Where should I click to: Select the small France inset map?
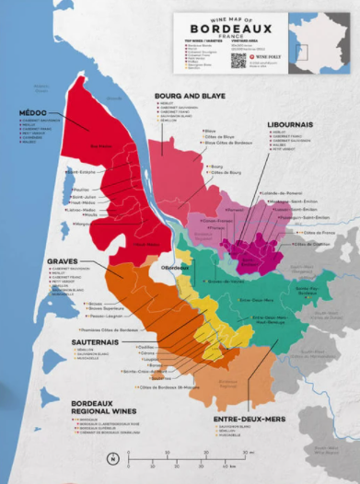click(x=319, y=42)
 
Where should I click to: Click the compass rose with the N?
click(x=111, y=457)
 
